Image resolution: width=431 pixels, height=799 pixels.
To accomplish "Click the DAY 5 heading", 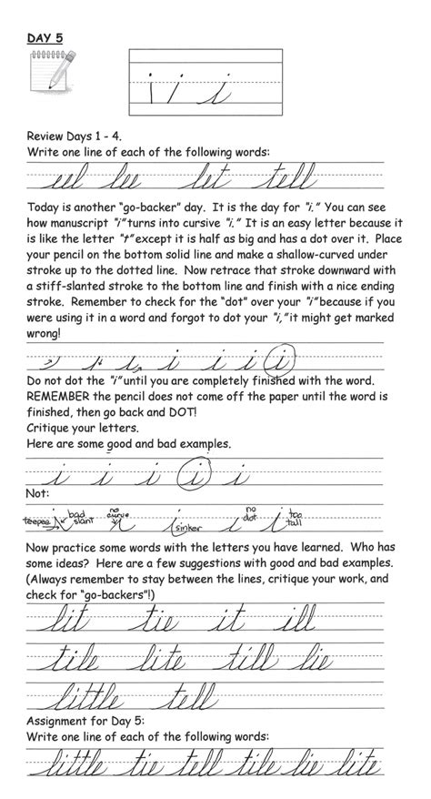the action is [x=46, y=40].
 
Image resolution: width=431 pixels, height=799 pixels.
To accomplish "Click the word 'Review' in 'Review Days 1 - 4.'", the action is [x=49, y=136].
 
